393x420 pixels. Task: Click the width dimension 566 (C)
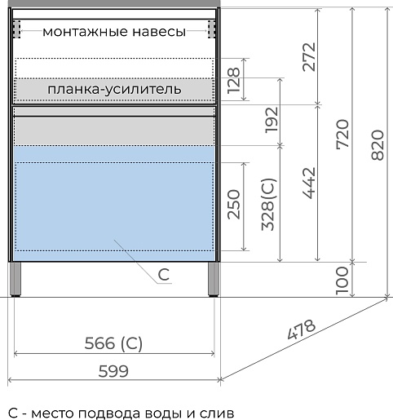click(x=114, y=343)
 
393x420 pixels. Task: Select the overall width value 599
click(x=114, y=370)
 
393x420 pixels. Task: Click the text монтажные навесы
click(x=114, y=32)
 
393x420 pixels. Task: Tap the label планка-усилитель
click(x=114, y=87)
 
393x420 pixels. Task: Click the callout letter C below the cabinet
click(x=163, y=275)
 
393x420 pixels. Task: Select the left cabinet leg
click(x=18, y=278)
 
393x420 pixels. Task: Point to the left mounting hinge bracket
click(x=18, y=29)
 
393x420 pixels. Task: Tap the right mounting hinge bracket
click(x=212, y=29)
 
